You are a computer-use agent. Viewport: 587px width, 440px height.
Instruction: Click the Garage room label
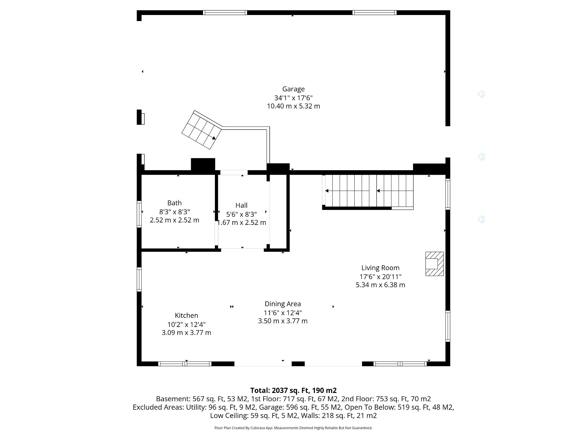pyautogui.click(x=293, y=89)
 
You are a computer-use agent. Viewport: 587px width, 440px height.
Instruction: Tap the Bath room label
pyautogui.click(x=174, y=203)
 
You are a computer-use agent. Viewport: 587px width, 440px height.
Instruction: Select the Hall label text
pyautogui.click(x=241, y=205)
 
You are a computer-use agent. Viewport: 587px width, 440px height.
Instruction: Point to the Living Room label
pyautogui.click(x=380, y=268)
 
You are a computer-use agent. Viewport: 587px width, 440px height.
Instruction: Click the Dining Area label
pyautogui.click(x=282, y=304)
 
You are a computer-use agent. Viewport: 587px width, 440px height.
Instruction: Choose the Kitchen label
pyautogui.click(x=186, y=315)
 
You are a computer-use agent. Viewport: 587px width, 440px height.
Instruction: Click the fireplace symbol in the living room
pyautogui.click(x=434, y=264)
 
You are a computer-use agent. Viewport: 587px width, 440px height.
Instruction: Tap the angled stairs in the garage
pyautogui.click(x=202, y=130)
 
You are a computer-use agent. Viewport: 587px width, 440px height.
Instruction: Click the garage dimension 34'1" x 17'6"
pyautogui.click(x=293, y=98)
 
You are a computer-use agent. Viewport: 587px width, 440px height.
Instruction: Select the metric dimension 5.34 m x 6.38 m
pyautogui.click(x=380, y=285)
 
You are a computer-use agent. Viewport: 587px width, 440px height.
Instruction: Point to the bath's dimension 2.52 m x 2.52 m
pyautogui.click(x=174, y=220)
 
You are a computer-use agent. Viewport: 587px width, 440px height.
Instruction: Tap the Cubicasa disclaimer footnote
pyautogui.click(x=293, y=428)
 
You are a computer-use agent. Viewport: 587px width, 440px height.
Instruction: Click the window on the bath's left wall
pyautogui.click(x=139, y=214)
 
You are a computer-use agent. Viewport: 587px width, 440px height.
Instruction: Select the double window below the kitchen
pyautogui.click(x=185, y=364)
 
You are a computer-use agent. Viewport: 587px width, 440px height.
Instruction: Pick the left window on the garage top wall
pyautogui.click(x=225, y=13)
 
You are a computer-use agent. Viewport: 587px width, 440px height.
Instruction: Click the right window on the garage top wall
pyautogui.click(x=375, y=13)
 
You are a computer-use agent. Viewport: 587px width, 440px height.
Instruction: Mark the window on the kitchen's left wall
pyautogui.click(x=139, y=279)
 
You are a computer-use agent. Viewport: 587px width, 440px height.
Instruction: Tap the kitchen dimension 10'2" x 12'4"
pyautogui.click(x=186, y=324)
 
